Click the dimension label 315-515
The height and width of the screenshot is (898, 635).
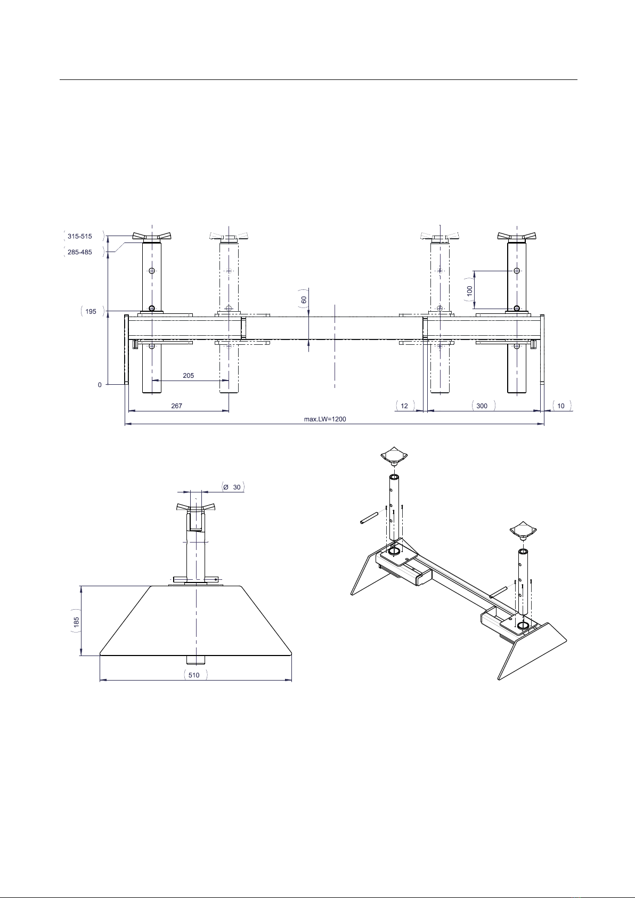[80, 237]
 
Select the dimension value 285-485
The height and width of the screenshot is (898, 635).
[80, 252]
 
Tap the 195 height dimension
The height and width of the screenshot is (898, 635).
[91, 311]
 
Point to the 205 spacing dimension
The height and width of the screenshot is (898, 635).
[188, 376]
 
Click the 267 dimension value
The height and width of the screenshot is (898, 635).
[177, 406]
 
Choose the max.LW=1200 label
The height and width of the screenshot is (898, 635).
[325, 419]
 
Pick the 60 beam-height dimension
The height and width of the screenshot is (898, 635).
[304, 300]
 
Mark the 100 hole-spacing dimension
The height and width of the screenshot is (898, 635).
[469, 290]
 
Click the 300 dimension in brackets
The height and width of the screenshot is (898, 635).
[482, 406]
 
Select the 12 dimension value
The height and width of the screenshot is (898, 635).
[404, 406]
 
